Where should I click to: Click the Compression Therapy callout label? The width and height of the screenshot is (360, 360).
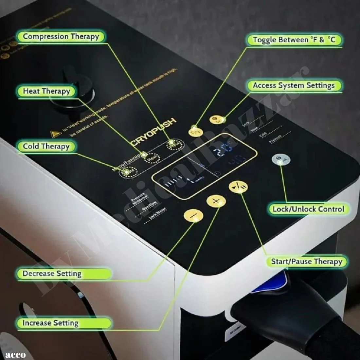click(x=61, y=36)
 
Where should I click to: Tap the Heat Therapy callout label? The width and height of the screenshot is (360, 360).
click(x=46, y=91)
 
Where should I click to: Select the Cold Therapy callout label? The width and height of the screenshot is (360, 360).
click(x=46, y=146)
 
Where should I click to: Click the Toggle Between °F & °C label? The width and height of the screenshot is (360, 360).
click(x=294, y=40)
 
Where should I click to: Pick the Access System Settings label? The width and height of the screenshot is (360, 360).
click(x=294, y=86)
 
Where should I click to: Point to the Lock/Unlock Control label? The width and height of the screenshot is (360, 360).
click(x=308, y=209)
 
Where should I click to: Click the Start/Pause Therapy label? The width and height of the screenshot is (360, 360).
click(x=306, y=261)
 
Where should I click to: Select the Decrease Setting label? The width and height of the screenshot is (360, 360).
click(x=52, y=274)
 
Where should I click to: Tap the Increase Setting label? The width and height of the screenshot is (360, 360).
click(x=50, y=323)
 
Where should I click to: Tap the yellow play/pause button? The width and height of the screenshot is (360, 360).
click(x=238, y=188)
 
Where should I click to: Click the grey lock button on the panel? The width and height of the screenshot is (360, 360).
click(x=281, y=160)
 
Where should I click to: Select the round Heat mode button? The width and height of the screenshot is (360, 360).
click(x=152, y=158)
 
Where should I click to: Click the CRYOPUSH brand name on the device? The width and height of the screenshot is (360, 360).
click(x=153, y=132)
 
